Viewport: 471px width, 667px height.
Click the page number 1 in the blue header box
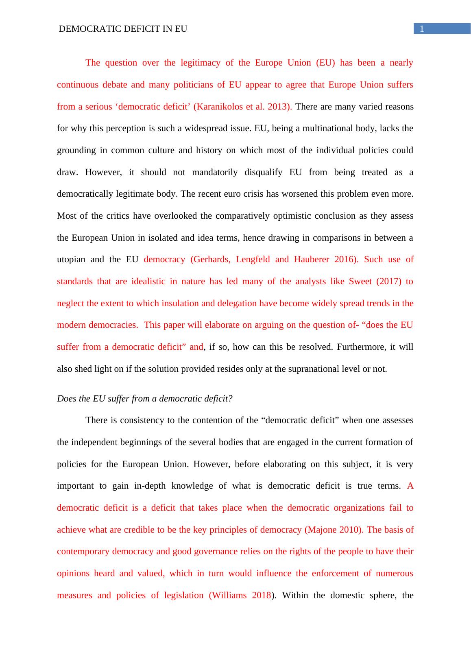(x=422, y=29)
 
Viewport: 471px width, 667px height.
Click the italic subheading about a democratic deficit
(x=144, y=399)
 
